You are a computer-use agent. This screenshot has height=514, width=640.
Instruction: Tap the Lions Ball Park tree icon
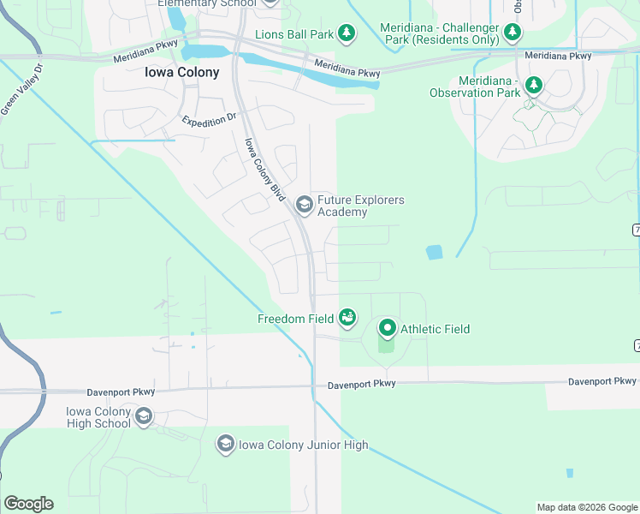346,33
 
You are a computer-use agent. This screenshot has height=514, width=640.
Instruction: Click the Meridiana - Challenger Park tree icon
513,33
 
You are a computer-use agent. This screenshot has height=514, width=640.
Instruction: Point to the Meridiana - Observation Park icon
534,85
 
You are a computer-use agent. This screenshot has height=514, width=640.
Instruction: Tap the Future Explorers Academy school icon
304,204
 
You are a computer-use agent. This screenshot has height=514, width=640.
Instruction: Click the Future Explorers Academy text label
360,206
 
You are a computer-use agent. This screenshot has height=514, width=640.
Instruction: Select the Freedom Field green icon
347,318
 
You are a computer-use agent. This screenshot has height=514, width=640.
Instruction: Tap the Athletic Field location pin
387,328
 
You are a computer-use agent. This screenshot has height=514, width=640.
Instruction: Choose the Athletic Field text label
435,329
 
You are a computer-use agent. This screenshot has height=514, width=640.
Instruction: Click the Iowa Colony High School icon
144,417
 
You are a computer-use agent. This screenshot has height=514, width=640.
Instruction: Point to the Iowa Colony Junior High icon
225,443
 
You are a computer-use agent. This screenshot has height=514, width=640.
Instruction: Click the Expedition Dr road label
208,121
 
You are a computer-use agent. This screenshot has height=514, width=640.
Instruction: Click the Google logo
28,504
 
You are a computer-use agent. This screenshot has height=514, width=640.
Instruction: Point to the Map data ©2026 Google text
587,507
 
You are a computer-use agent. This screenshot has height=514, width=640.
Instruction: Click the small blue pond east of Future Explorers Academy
435,252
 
